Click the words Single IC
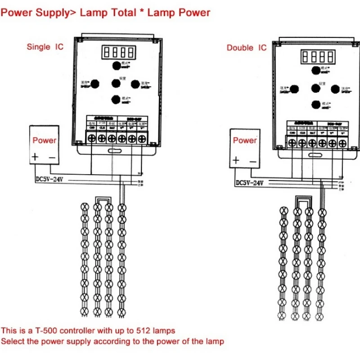45,46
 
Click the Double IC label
247,48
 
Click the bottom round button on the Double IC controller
315,104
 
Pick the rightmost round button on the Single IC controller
135,83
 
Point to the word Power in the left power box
45,140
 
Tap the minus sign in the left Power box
52,157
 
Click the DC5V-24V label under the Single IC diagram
48,178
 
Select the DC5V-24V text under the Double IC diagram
249,183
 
